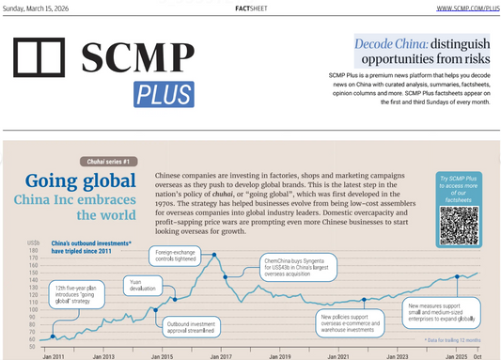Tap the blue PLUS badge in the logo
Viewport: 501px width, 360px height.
click(x=164, y=94)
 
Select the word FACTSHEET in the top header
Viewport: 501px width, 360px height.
click(x=249, y=8)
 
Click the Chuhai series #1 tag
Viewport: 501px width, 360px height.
click(x=108, y=162)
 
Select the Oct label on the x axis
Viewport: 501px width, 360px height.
click(x=478, y=356)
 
